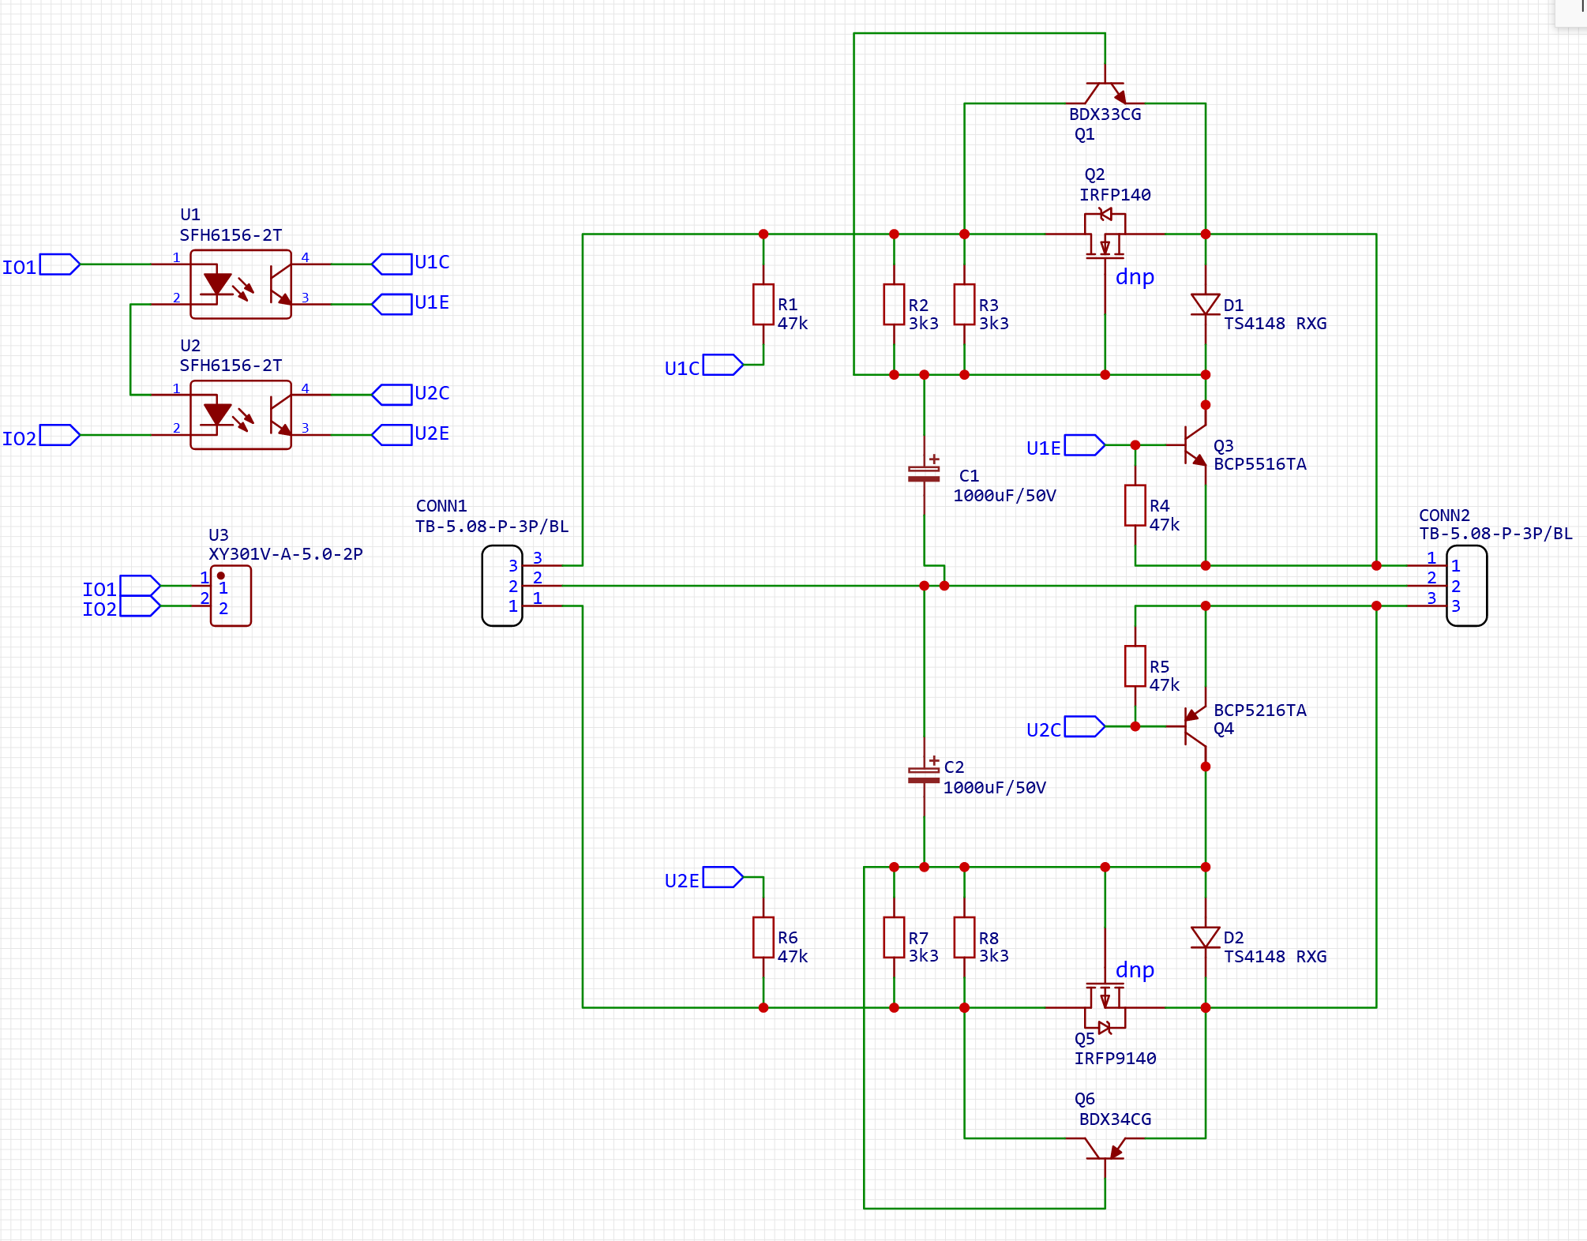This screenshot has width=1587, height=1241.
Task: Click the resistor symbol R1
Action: click(763, 305)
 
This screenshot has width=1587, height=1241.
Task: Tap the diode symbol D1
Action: click(1205, 304)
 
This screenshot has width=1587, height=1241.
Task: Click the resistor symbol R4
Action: click(1135, 505)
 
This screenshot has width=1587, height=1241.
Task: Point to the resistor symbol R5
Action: click(1135, 666)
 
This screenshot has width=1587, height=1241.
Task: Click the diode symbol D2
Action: click(1205, 937)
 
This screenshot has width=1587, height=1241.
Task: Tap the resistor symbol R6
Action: click(763, 937)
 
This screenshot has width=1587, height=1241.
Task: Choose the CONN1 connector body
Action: click(502, 586)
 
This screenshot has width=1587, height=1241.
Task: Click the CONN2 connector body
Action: click(1466, 586)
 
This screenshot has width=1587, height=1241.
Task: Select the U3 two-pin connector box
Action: click(231, 596)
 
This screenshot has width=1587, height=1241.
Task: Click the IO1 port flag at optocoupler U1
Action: click(60, 264)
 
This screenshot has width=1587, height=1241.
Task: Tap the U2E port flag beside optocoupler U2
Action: click(392, 435)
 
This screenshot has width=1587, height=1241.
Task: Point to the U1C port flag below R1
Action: click(723, 365)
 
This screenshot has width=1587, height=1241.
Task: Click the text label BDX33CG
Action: click(1105, 114)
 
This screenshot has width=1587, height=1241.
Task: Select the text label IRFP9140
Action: click(1115, 1059)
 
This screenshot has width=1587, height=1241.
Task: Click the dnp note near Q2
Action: click(1135, 277)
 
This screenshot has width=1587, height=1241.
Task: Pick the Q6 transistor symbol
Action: click(1105, 1149)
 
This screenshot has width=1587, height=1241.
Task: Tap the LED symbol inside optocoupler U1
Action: click(217, 283)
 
